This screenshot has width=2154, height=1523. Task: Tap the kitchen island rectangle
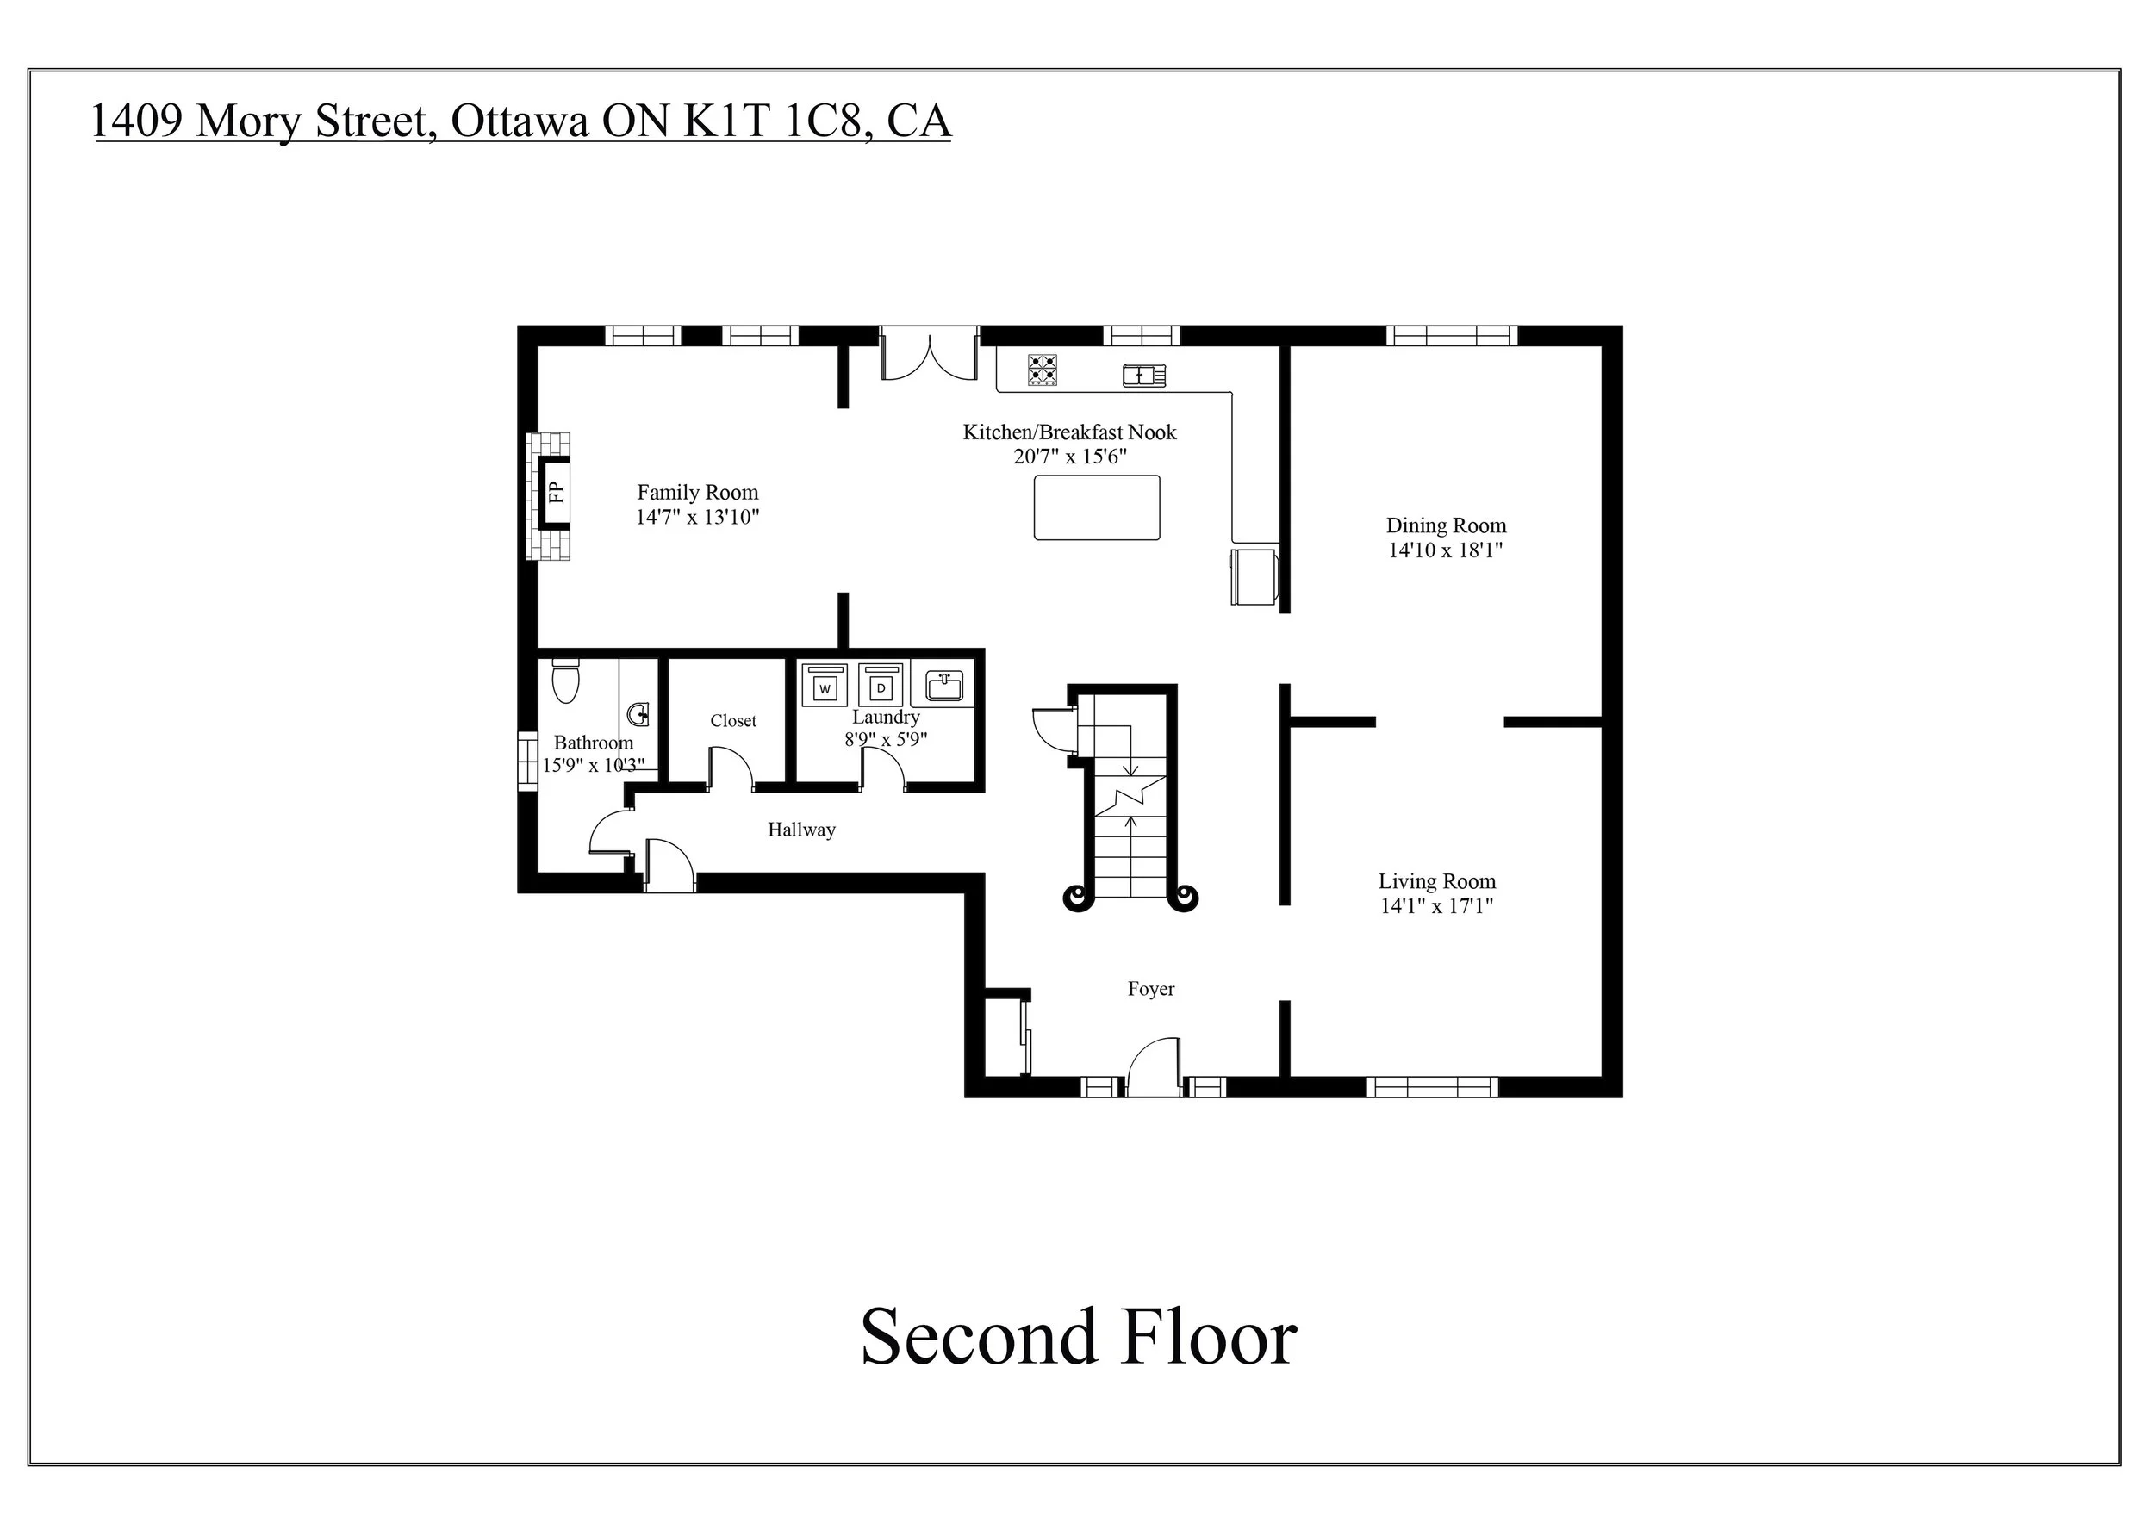pos(1096,507)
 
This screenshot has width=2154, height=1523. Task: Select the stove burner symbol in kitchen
pos(1042,370)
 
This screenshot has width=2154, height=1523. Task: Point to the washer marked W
pos(825,687)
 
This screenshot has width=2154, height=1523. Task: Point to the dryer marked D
pos(880,687)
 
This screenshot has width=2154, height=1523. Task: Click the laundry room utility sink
pos(943,687)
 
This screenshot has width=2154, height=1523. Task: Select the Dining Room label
pos(1446,526)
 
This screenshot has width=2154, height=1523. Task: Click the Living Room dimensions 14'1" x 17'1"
pos(1436,906)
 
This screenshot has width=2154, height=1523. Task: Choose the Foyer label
pos(1150,990)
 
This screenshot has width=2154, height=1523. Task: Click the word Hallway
pos(800,830)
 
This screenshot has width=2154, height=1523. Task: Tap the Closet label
pos(732,721)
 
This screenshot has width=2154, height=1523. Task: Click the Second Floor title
pos(1078,1336)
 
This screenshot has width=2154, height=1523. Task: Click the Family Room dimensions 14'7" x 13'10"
pos(697,518)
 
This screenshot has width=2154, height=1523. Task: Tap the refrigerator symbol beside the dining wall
pos(1254,575)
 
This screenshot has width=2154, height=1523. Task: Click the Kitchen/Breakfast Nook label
pos(1069,432)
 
